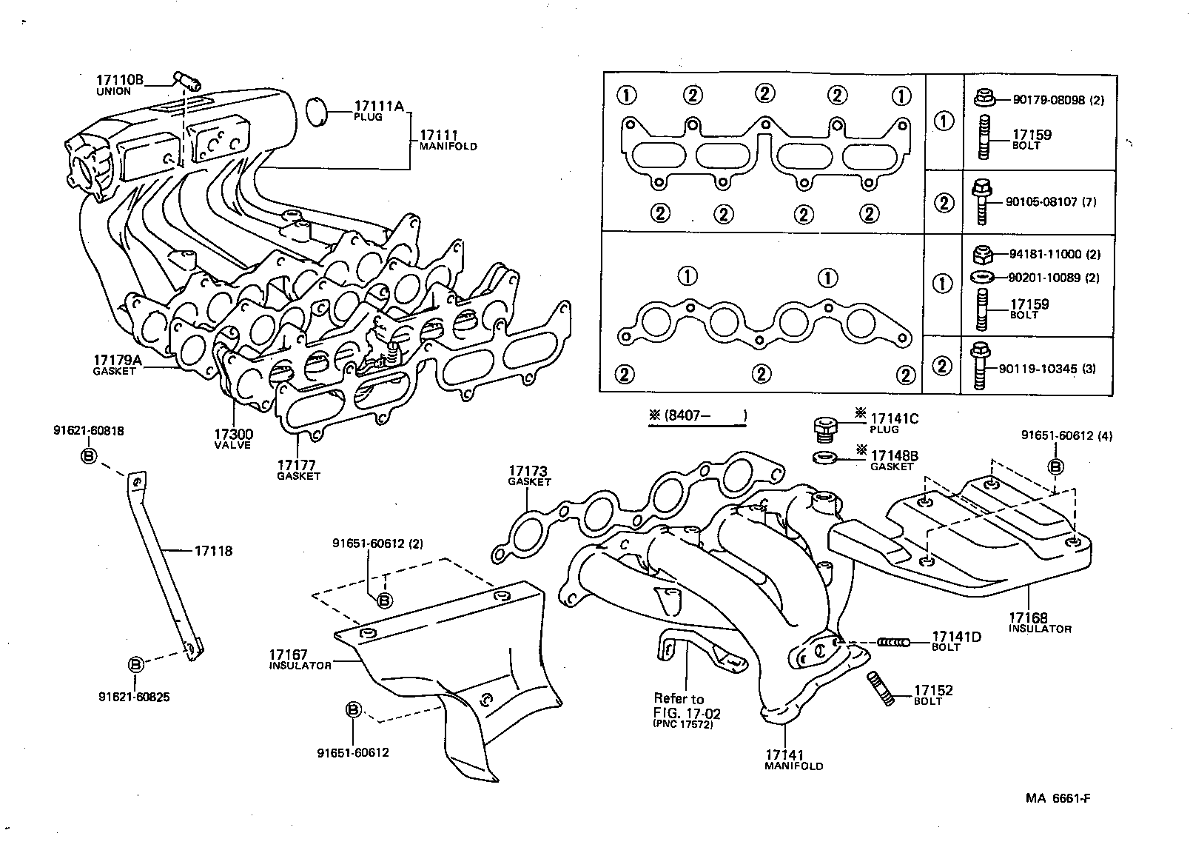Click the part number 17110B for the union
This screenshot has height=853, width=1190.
coord(119,79)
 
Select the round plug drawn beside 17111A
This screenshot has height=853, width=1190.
coord(316,110)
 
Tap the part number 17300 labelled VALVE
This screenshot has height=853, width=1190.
coord(234,434)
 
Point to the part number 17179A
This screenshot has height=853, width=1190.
coord(117,360)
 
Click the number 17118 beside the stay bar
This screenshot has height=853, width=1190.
coord(214,551)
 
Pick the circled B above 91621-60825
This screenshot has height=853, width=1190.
coord(135,664)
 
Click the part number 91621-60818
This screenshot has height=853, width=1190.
coord(89,430)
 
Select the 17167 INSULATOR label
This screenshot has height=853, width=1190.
coord(289,655)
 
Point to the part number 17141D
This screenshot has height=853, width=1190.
coord(956,637)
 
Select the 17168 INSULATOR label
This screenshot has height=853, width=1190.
coord(1028,618)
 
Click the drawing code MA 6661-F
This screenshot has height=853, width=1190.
coord(1058,798)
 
